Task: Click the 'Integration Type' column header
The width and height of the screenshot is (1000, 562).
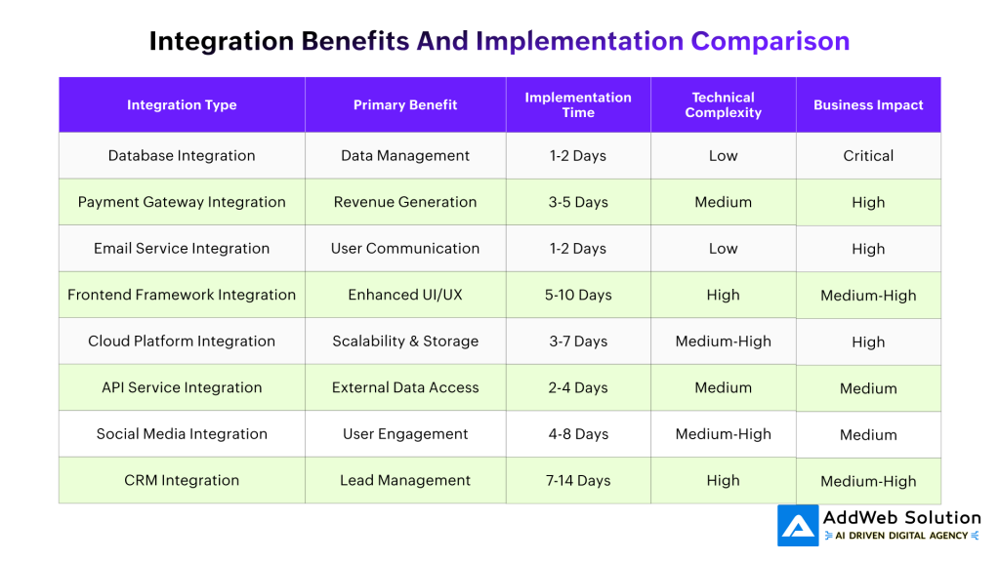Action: pyautogui.click(x=182, y=105)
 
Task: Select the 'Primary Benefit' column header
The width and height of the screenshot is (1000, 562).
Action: pyautogui.click(x=405, y=105)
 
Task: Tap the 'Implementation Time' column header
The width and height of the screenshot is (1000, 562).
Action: pyautogui.click(x=578, y=105)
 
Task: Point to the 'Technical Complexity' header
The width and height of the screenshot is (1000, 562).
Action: pyautogui.click(x=723, y=105)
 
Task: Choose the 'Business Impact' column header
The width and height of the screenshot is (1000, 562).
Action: pyautogui.click(x=868, y=105)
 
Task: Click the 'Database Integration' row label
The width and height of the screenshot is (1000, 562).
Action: pyautogui.click(x=182, y=156)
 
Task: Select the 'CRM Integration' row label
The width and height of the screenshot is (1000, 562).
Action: pyautogui.click(x=182, y=480)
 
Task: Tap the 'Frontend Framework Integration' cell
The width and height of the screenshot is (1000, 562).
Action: pyautogui.click(x=182, y=295)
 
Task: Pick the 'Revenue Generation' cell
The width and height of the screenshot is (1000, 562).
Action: pyautogui.click(x=405, y=202)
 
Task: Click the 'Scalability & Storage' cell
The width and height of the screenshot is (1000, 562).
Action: pyautogui.click(x=405, y=341)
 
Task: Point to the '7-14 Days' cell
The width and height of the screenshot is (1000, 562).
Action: pyautogui.click(x=578, y=480)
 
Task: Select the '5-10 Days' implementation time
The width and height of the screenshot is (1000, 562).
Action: pyautogui.click(x=578, y=295)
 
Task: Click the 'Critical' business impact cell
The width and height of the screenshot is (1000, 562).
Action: pyautogui.click(x=868, y=156)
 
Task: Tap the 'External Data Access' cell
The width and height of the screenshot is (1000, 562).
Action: pyautogui.click(x=405, y=387)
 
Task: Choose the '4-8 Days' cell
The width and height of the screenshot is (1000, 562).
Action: pyautogui.click(x=578, y=434)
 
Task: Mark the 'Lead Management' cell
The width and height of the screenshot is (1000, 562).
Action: pyautogui.click(x=405, y=480)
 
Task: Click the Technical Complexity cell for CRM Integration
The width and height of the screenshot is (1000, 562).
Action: pyautogui.click(x=723, y=480)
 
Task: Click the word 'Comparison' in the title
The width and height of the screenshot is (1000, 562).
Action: pyautogui.click(x=771, y=41)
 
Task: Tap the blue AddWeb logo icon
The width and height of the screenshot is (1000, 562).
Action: pyautogui.click(x=798, y=526)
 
